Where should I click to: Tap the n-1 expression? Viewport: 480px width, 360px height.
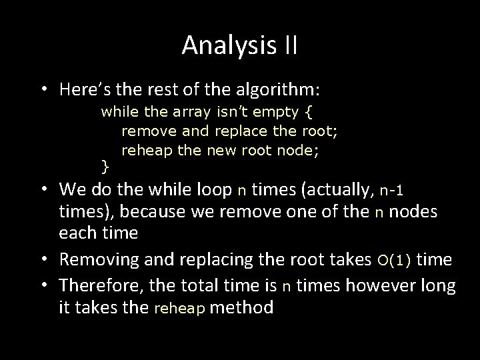(x=392, y=191)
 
